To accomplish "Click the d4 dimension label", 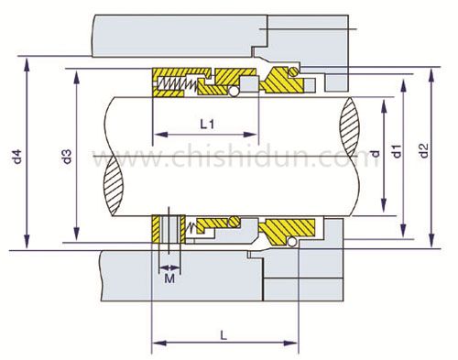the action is [x=17, y=157].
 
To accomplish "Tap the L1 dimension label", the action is [x=207, y=125].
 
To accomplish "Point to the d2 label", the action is [x=424, y=150].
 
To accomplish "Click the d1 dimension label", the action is [x=397, y=151].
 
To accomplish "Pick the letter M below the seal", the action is [x=169, y=278].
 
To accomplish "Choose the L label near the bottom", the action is [x=224, y=335].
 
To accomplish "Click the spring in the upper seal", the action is [x=177, y=83].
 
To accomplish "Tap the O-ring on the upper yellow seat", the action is [x=294, y=71].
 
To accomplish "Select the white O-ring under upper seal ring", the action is [x=234, y=92].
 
